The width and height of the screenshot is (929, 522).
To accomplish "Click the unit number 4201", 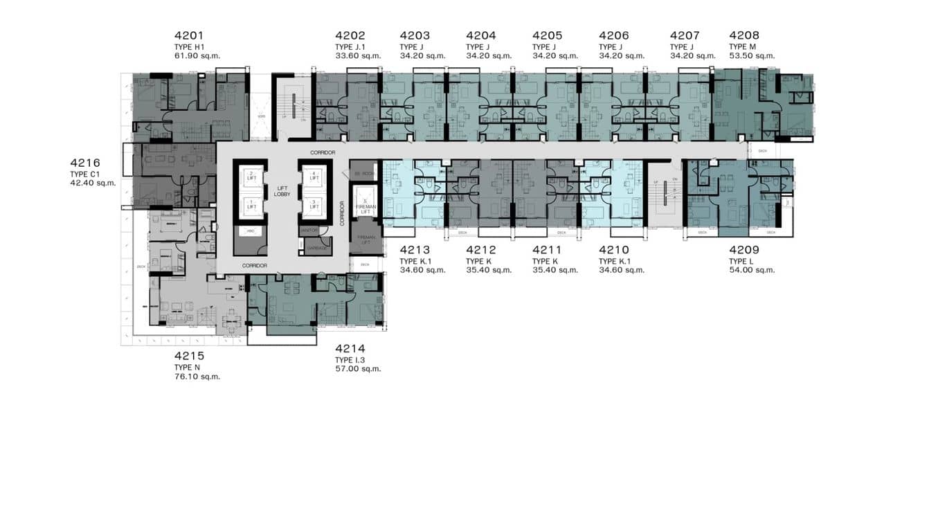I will tap(190, 35).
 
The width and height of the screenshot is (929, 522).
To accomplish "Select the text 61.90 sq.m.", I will tap(197, 56).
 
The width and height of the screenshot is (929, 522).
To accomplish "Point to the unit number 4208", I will tap(744, 35).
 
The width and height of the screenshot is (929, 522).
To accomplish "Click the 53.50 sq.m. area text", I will tap(752, 56).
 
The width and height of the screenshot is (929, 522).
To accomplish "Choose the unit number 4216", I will tap(86, 163).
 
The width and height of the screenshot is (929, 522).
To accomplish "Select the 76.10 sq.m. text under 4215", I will tap(197, 377).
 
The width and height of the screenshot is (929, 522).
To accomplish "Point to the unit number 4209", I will tap(744, 250).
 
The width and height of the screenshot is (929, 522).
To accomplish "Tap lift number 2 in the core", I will tap(251, 175).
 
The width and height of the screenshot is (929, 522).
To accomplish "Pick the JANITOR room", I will tap(308, 230).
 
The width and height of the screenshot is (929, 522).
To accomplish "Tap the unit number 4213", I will tap(415, 250).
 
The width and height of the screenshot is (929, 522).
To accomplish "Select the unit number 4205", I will tap(547, 35).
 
